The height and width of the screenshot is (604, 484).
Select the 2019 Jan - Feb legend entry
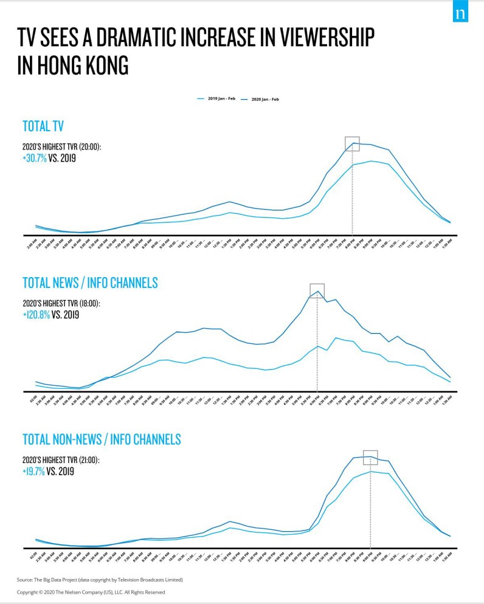click(217, 98)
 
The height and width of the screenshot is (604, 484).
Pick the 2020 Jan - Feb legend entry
click(261, 98)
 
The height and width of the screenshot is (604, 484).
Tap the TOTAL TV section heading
click(43, 126)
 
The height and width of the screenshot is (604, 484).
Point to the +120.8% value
click(36, 315)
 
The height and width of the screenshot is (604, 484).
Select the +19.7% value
click(34, 471)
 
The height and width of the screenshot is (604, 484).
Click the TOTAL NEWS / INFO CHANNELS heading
click(90, 283)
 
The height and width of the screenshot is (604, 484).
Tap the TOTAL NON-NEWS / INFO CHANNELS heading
click(102, 439)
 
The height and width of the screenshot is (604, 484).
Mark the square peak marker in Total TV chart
click(352, 143)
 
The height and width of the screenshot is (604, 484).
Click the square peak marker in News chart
click(317, 290)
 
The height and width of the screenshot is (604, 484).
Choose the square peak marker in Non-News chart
click(370, 457)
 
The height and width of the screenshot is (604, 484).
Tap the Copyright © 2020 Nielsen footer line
click(91, 592)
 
